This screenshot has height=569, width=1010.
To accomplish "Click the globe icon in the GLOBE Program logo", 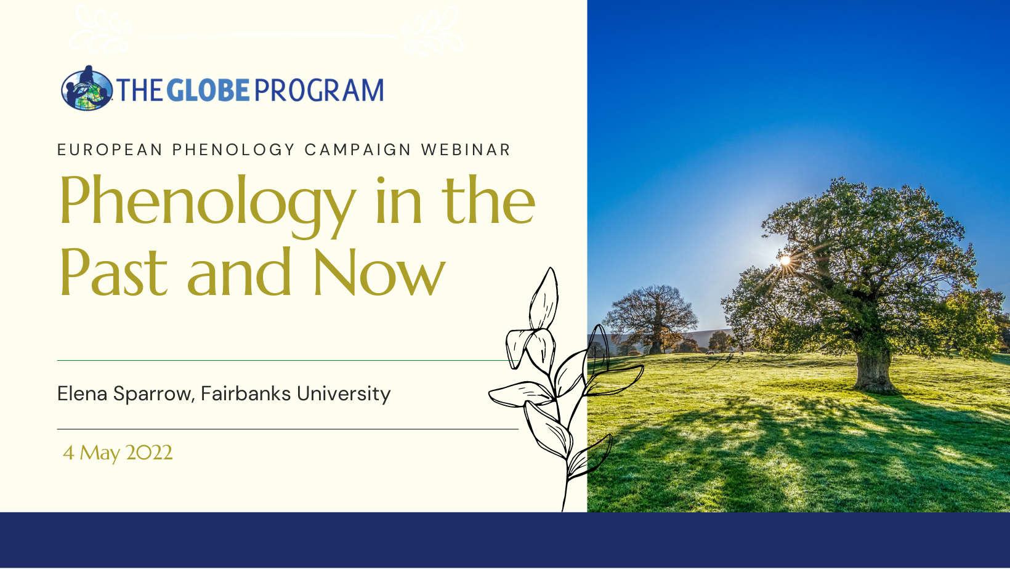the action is point(87,89).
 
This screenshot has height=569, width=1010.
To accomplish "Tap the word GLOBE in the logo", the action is point(208,90).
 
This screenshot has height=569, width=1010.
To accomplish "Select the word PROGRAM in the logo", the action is point(319,90).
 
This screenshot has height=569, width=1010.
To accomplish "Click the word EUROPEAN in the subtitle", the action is point(110,150).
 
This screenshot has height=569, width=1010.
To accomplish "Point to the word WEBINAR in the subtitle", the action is point(466,150).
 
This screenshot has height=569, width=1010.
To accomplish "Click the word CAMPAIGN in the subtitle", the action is point(358,150).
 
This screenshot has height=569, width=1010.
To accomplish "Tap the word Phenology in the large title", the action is point(208,206).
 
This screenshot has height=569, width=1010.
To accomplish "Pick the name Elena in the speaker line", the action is point(82,393).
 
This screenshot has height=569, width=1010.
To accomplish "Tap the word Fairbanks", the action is point(246,393).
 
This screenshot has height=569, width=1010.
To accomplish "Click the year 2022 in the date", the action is point(149,452).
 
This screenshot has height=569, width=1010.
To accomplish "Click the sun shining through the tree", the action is point(785,260).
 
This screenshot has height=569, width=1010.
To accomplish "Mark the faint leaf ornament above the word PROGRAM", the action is point(432,31).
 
